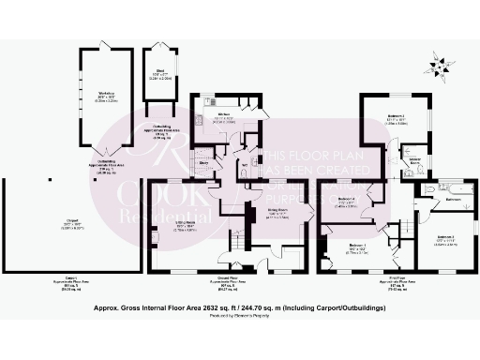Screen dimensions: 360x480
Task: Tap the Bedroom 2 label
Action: coord(446,239)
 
